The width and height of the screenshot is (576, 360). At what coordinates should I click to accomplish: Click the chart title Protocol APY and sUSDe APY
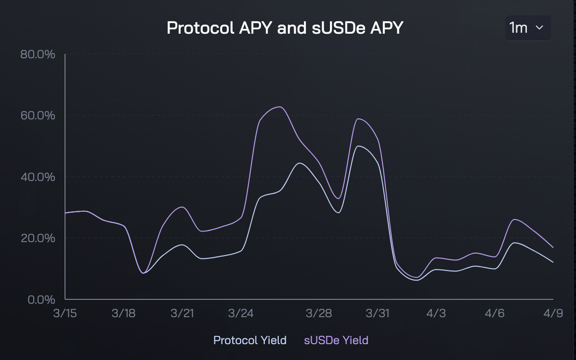(285, 28)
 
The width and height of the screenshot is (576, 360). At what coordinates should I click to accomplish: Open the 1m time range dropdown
(528, 28)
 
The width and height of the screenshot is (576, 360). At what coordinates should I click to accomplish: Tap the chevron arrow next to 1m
(539, 27)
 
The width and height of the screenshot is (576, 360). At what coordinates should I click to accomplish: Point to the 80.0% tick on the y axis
(38, 54)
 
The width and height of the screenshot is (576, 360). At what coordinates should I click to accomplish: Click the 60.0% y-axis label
(38, 116)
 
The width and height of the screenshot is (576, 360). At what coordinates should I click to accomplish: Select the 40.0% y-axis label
(38, 177)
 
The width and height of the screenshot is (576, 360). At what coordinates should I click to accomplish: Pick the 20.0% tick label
(38, 238)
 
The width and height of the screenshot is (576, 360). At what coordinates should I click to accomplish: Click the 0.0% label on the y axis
(41, 300)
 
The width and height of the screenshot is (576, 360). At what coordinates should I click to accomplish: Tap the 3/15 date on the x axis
(65, 313)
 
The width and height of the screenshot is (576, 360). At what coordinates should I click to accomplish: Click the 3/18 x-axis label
(123, 313)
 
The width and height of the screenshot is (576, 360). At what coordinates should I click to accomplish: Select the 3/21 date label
(182, 313)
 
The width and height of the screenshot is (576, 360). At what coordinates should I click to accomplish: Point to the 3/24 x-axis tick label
(241, 313)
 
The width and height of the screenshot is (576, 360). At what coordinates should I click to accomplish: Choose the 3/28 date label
(319, 313)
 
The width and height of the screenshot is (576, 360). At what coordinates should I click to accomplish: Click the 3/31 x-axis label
(377, 313)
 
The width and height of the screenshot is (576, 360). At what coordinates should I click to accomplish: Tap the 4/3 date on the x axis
(436, 313)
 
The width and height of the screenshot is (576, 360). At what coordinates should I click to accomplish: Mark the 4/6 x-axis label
(495, 313)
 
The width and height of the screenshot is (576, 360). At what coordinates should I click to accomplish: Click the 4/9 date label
(553, 313)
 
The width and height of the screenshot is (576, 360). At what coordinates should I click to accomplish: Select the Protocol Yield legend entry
(250, 340)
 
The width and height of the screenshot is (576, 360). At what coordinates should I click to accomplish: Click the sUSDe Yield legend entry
(336, 340)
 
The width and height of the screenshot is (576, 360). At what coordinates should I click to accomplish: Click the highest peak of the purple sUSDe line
(280, 107)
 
